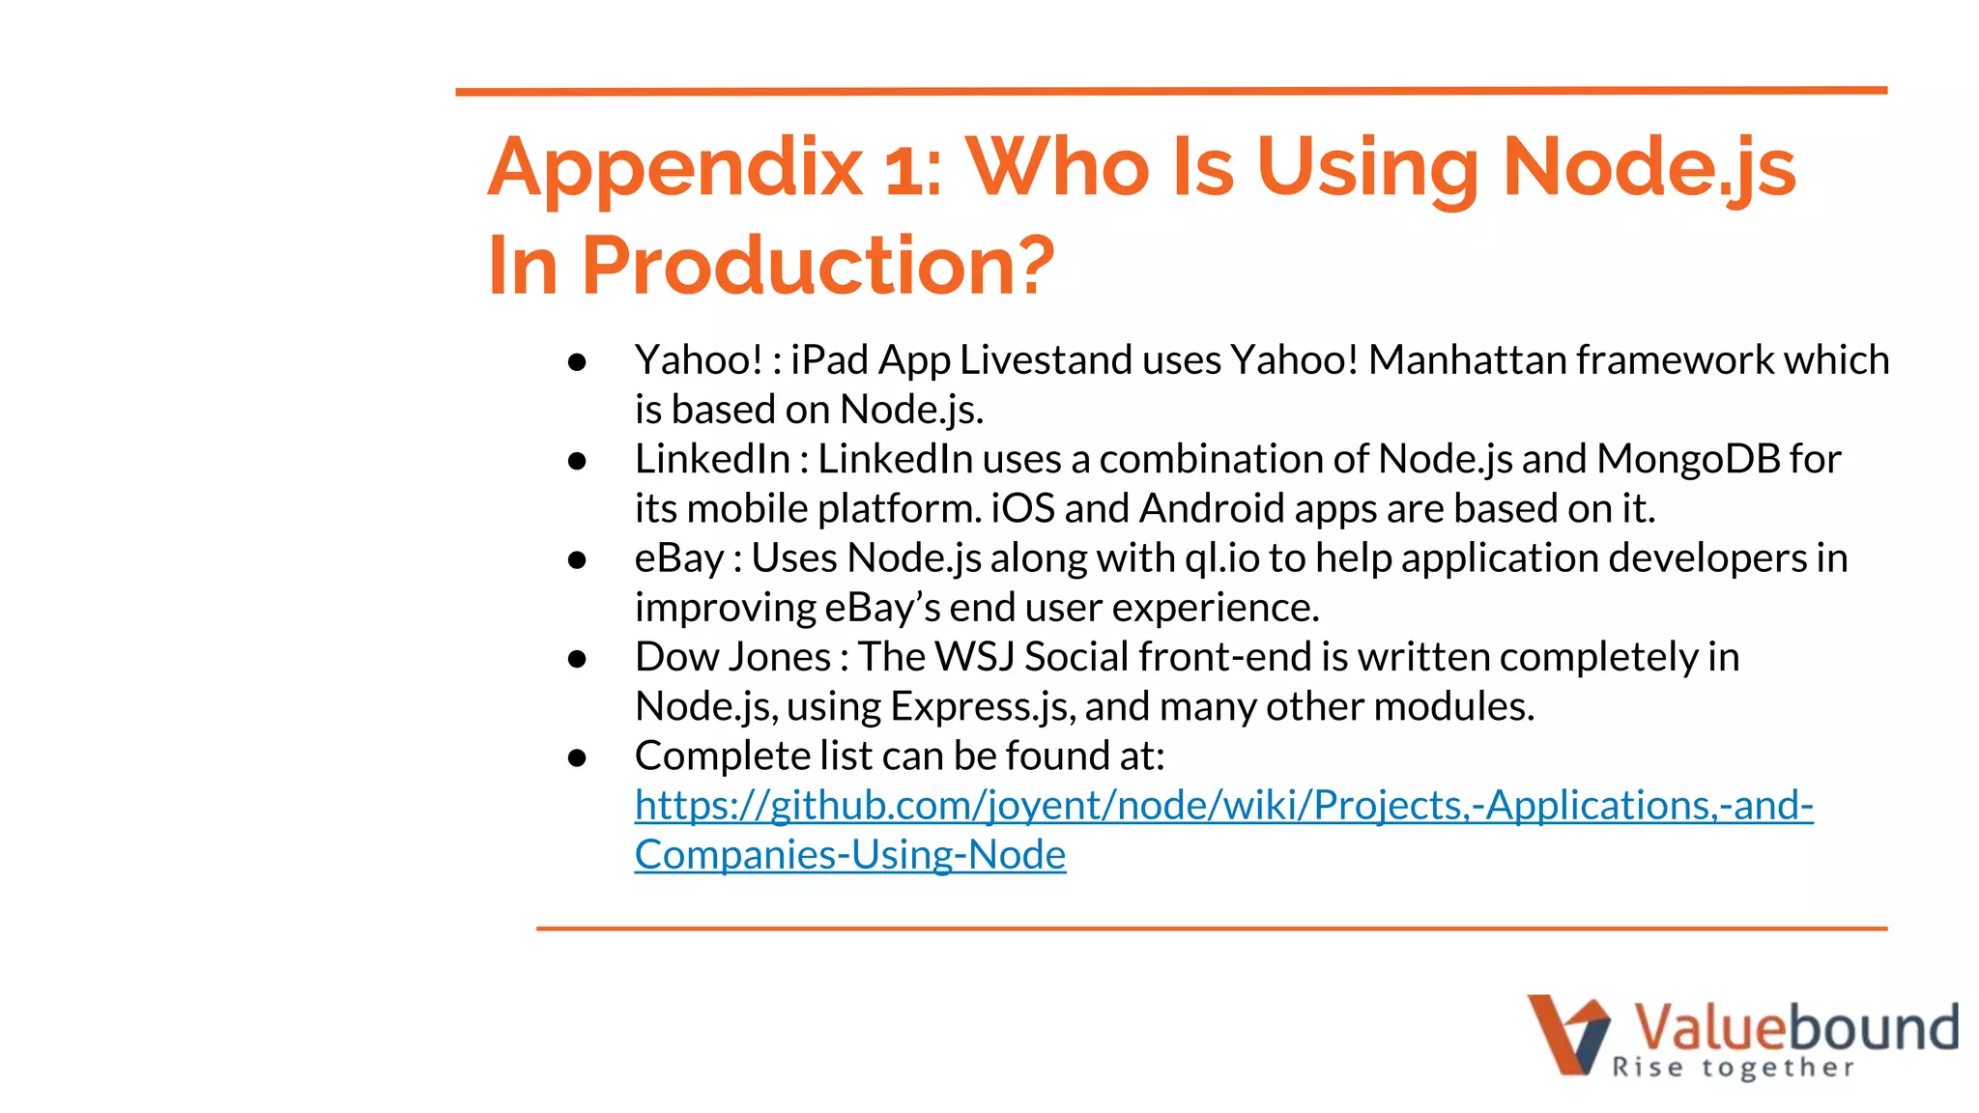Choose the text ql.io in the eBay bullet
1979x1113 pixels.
coord(1221,558)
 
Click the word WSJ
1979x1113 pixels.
coord(974,657)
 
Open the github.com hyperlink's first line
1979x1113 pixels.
coord(1223,806)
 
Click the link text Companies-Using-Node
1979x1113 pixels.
coord(849,855)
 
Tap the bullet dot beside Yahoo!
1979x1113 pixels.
coord(578,362)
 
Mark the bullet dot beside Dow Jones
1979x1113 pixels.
coord(578,659)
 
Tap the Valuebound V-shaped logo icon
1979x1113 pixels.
coord(1567,1034)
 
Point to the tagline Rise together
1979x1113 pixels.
coord(1732,1068)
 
